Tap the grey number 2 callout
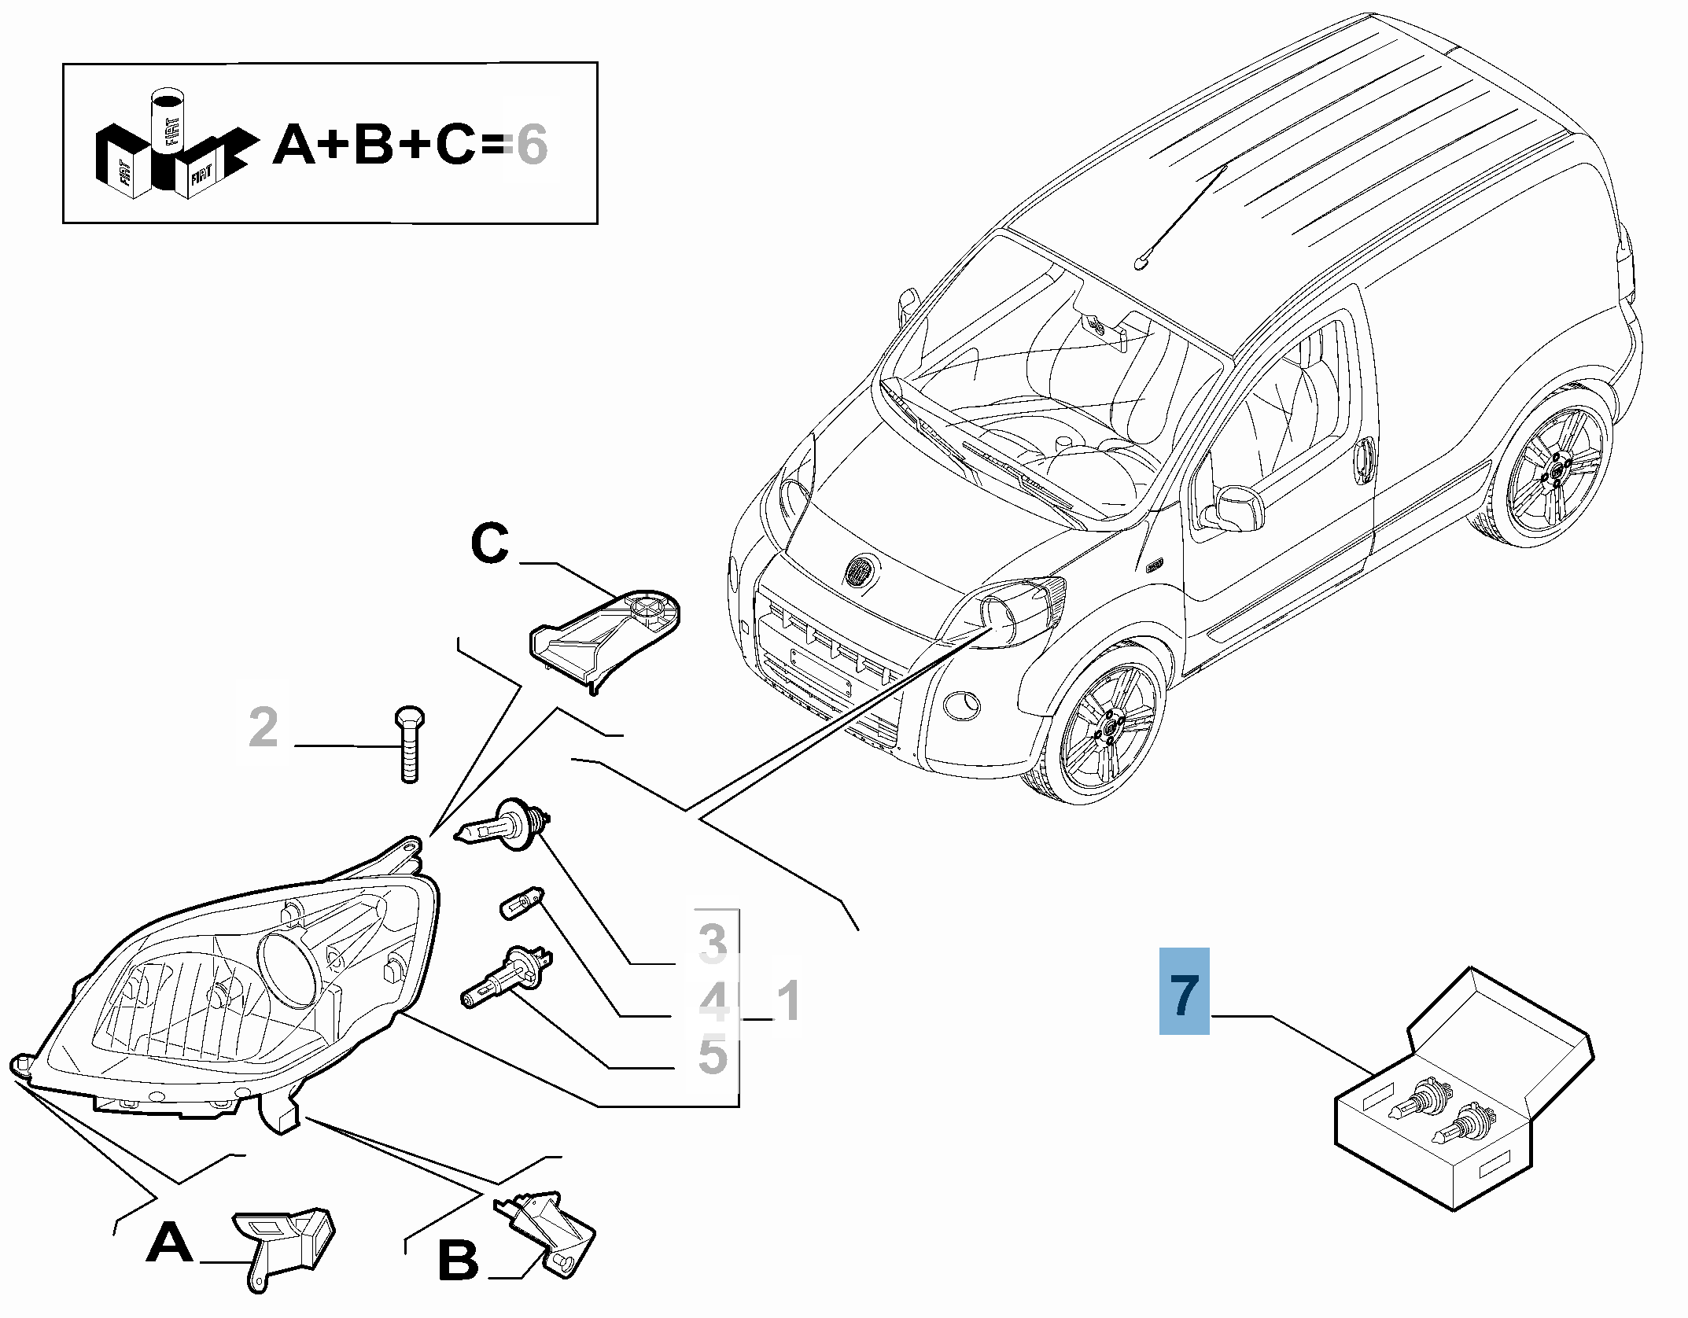coord(264,727)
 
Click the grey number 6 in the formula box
coord(531,145)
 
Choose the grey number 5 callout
coord(713,1055)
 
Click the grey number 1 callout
coord(787,1000)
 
